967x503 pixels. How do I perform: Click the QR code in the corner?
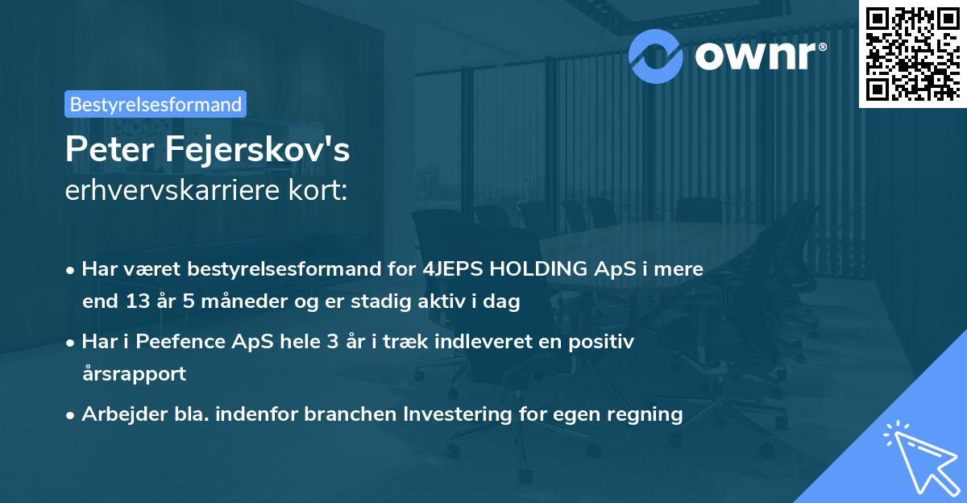(913, 53)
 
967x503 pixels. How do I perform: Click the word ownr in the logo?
(753, 56)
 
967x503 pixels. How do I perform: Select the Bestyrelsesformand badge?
(156, 104)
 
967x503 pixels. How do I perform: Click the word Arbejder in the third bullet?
(117, 414)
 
